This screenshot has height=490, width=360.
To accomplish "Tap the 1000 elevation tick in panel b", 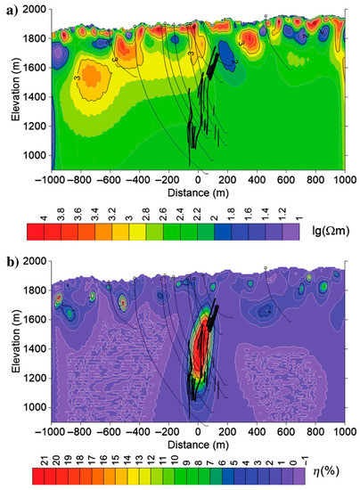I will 37,402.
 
